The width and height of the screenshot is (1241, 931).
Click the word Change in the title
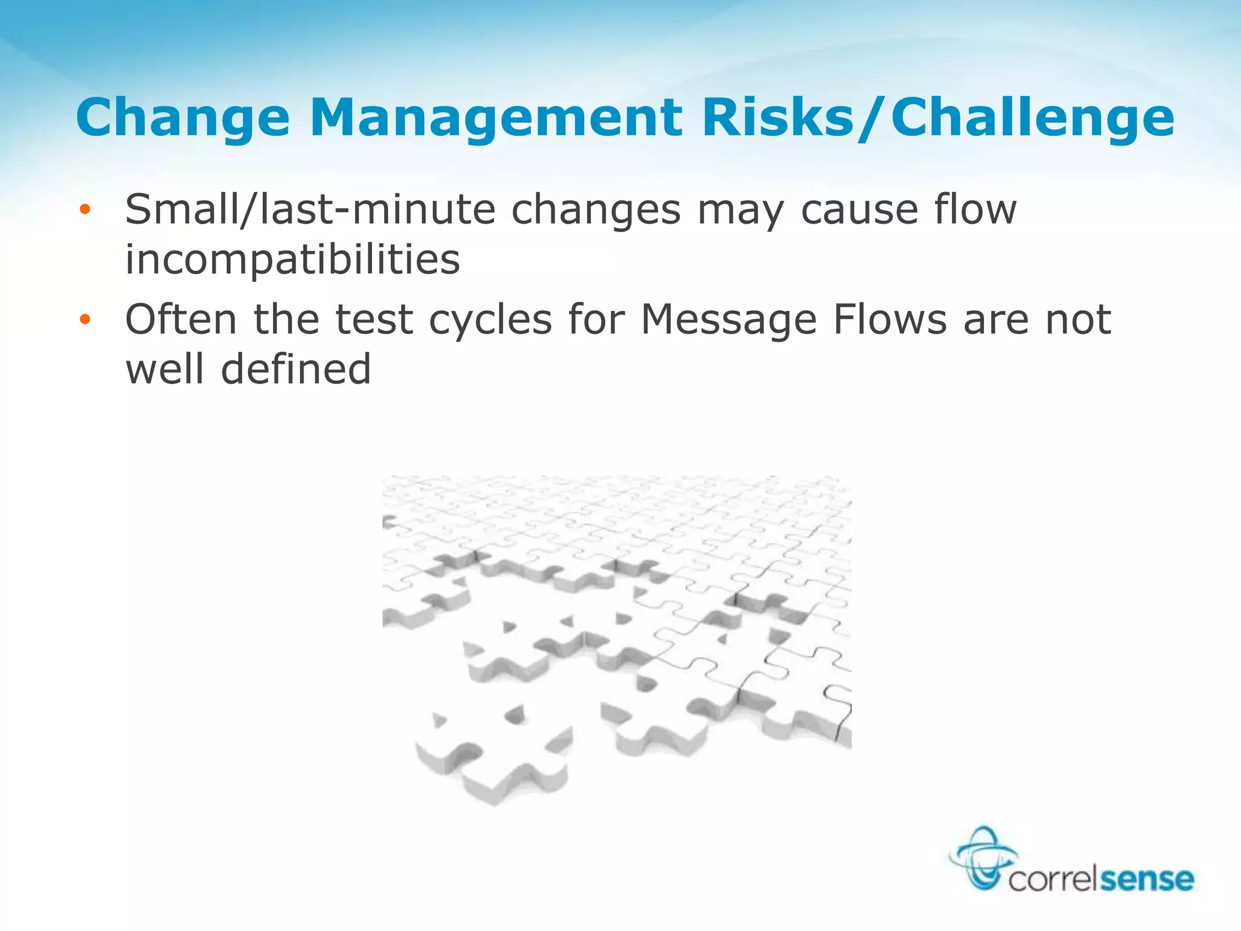[182, 118]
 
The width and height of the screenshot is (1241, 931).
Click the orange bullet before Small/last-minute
[85, 210]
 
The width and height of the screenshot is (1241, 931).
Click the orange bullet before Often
[85, 319]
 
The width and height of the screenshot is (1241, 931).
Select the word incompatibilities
[293, 259]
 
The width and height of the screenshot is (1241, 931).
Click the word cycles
[490, 320]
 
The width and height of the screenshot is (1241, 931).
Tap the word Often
[181, 319]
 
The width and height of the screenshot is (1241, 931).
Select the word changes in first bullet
[596, 210]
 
